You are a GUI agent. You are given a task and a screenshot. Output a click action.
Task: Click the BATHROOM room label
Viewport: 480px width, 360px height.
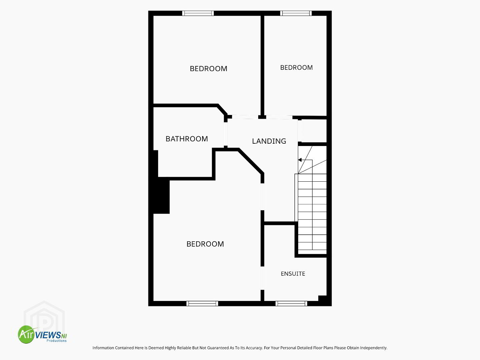(x=186, y=139)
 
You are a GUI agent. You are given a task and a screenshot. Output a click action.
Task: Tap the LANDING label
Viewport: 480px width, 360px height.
(x=269, y=141)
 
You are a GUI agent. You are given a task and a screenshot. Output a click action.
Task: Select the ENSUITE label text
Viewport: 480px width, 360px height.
(x=293, y=274)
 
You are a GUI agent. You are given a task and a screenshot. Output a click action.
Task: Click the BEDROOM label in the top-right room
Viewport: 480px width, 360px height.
(x=296, y=67)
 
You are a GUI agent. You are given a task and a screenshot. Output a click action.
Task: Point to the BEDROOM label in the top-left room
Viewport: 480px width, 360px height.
(x=208, y=69)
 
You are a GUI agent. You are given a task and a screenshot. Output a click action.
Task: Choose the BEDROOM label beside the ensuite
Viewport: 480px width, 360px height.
(x=205, y=244)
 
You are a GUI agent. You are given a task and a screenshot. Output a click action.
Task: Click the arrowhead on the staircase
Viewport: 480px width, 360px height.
(x=300, y=160)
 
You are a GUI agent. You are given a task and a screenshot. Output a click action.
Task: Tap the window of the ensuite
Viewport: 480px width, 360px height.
(x=291, y=303)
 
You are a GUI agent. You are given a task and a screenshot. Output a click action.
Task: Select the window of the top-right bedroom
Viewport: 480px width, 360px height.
(x=296, y=13)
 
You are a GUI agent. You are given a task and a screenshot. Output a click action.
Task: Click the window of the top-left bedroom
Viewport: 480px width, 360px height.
(x=198, y=13)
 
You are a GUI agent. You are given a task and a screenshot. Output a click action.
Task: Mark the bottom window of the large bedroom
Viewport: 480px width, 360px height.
(x=202, y=303)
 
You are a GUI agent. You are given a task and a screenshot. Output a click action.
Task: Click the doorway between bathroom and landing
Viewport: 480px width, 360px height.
(x=226, y=134)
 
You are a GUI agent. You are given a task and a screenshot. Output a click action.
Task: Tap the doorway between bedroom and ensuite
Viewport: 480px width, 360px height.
(x=263, y=278)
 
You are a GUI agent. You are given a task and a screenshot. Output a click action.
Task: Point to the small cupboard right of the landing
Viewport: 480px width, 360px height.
(x=314, y=131)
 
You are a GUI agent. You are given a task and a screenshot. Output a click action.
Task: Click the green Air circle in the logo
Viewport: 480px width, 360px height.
(x=26, y=334)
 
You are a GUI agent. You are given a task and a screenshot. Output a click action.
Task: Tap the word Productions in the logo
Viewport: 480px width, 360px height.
(x=56, y=341)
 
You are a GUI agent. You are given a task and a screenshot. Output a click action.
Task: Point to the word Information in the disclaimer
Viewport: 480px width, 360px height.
(x=103, y=348)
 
